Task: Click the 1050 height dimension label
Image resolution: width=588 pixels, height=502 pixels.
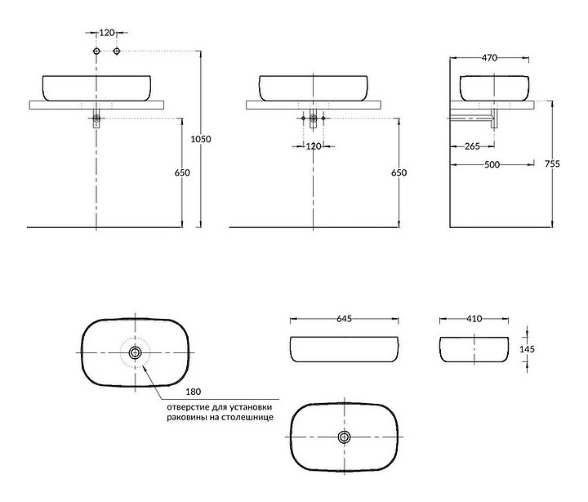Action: tap(201, 139)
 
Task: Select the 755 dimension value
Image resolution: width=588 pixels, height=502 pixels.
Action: tap(552, 164)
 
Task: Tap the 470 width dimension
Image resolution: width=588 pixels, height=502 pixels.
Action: tap(489, 58)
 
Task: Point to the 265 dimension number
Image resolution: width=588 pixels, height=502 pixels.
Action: tap(472, 146)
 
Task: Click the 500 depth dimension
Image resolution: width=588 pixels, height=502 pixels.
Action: tap(492, 164)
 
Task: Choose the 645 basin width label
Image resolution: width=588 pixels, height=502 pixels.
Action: tap(344, 319)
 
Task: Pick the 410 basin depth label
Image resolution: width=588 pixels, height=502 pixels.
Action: tap(474, 319)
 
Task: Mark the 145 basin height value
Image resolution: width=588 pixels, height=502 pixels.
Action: tap(527, 349)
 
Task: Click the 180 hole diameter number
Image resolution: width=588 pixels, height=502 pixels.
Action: tap(193, 392)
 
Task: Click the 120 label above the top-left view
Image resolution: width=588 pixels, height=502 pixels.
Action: tap(107, 33)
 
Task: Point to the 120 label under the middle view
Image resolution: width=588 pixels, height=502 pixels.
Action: tap(314, 146)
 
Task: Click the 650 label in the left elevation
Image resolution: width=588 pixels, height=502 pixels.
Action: tap(182, 173)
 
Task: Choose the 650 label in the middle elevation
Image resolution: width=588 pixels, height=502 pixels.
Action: tap(399, 173)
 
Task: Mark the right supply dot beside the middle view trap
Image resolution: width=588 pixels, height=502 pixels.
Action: tap(323, 119)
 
